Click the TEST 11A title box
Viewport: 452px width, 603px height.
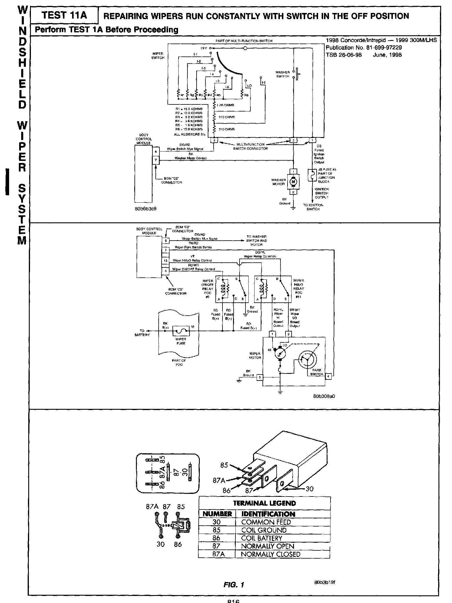click(x=64, y=15)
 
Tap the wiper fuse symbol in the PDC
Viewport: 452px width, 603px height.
click(x=181, y=331)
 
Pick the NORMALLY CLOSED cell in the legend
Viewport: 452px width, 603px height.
click(x=270, y=554)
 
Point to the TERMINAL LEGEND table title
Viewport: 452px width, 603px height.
click(x=264, y=503)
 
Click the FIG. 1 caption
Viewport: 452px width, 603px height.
click(x=234, y=585)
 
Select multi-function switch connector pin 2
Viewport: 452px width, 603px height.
click(x=293, y=141)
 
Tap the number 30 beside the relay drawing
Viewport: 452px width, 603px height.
click(x=309, y=489)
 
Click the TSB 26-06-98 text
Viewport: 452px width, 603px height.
click(x=344, y=55)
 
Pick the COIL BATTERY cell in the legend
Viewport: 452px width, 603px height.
click(x=262, y=538)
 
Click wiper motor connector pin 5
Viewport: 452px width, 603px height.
click(x=260, y=377)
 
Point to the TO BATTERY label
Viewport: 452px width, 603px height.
click(x=142, y=333)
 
